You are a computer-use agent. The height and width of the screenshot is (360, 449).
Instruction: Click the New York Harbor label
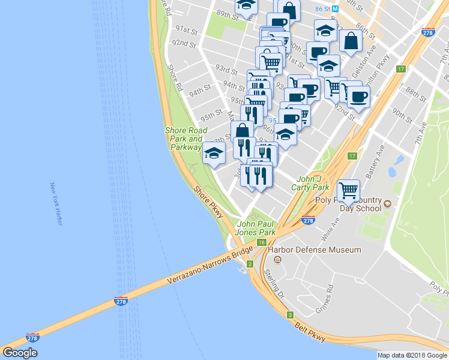tap(57, 205)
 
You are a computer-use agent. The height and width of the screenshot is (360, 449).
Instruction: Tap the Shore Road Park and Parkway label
tap(186, 139)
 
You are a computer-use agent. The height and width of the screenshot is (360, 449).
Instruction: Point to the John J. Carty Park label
tap(310, 182)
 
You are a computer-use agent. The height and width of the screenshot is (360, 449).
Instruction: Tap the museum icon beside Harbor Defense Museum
tap(277, 259)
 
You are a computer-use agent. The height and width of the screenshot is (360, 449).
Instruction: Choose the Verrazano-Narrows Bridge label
tap(202, 269)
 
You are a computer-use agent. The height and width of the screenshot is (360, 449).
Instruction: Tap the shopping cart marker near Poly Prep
tap(348, 190)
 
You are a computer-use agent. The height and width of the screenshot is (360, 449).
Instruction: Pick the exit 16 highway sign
tap(262, 242)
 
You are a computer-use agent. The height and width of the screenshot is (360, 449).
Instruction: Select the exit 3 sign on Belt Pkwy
tap(289, 314)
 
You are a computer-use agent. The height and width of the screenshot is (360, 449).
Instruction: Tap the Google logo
tap(20, 353)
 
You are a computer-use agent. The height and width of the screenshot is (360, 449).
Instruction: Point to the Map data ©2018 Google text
tap(412, 355)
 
